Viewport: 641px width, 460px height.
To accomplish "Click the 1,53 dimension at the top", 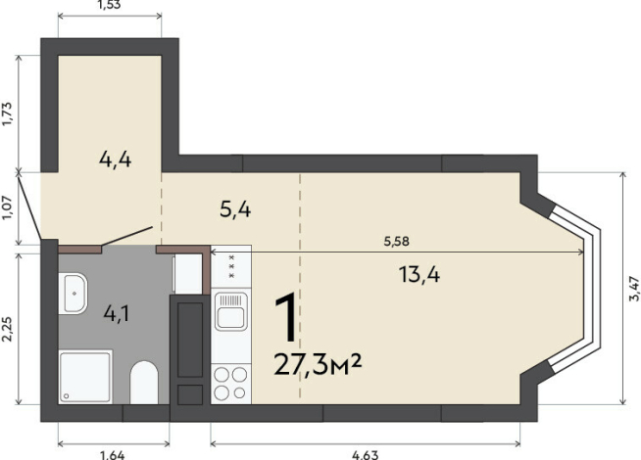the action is pos(110,5).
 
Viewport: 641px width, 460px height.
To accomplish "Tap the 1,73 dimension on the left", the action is pos(9,114).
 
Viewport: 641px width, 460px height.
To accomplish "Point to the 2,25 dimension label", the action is pos(9,330).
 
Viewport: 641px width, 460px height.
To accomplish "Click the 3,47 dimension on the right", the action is pos(634,289).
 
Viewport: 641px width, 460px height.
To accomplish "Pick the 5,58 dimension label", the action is pos(396,241).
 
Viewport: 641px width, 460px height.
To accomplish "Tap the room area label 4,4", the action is pos(116,160).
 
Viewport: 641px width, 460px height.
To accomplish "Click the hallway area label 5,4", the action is pos(235,209).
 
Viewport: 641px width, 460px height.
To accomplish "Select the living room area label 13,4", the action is pos(419,274).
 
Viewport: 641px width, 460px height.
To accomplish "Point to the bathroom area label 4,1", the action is pos(117,314).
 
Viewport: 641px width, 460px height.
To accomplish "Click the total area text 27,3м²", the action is pos(318,364).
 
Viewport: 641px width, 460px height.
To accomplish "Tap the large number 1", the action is pos(287,317).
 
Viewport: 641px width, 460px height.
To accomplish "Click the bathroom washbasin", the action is pos(73,294).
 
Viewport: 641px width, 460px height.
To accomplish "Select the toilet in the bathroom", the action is pos(144,383).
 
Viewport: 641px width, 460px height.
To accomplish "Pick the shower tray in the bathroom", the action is pos(85,377).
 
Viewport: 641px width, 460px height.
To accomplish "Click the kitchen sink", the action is pos(231,311).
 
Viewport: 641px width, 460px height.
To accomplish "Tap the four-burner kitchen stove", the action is pos(230,383).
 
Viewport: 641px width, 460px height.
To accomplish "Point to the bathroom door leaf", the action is pos(127,236).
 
